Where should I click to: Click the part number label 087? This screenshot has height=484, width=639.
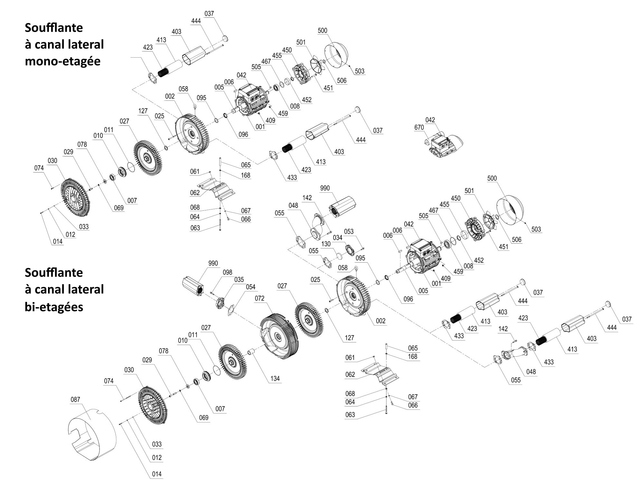coord(75,399)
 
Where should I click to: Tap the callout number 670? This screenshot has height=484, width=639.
coord(419,127)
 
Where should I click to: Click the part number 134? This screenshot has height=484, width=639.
coord(275,378)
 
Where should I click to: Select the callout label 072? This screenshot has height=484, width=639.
coord(259,298)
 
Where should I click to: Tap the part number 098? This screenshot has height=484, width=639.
coord(227,272)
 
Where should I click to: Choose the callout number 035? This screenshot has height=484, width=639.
coord(239,280)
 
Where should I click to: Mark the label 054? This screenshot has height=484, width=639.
coord(251,287)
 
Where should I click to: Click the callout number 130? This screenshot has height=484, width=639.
coord(326,244)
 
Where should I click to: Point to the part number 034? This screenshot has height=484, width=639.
coord(338,238)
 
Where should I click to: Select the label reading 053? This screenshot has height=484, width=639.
coord(349,231)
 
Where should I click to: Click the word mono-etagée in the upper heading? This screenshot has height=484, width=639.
coord(62,61)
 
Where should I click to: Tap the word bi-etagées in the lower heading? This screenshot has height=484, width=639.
coord(54,307)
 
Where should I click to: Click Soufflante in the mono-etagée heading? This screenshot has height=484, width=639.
coord(54,28)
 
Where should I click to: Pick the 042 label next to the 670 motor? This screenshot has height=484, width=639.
coord(430,120)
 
